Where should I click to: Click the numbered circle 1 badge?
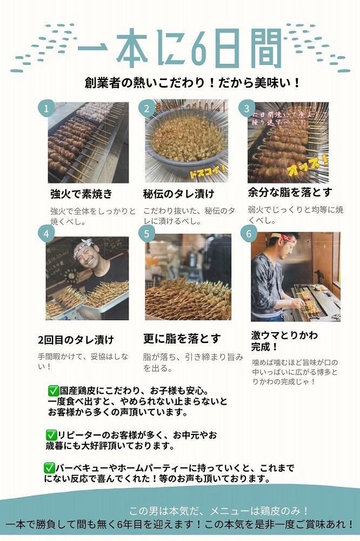(46, 108)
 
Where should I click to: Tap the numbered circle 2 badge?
(146, 108)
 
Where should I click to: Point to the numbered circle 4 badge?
(46, 234)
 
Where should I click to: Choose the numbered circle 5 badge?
(146, 234)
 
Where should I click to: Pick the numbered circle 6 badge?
(249, 234)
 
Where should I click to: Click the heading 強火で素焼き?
(81, 194)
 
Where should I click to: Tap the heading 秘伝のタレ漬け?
(178, 194)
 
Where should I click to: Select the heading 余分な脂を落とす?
(290, 192)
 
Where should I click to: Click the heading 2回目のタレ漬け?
(76, 340)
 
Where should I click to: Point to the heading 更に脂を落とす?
(182, 339)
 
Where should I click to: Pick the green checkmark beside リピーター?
(51, 435)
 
